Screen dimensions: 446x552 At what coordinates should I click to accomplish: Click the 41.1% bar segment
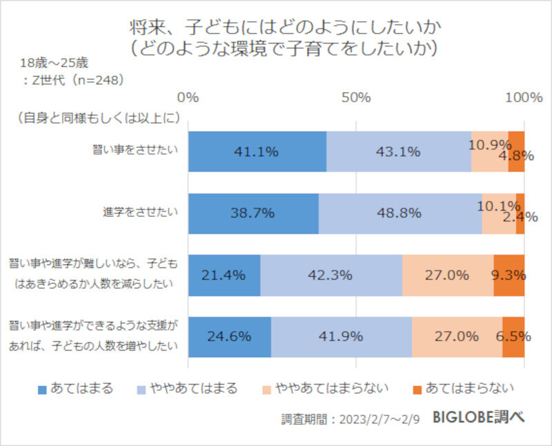coord(257,152)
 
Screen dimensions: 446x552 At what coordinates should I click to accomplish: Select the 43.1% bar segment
coord(398,152)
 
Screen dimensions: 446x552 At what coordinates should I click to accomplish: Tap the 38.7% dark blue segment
coord(253,213)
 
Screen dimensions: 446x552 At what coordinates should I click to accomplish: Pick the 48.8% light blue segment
coord(400,213)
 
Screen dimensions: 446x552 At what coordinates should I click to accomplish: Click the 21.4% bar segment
coord(224,275)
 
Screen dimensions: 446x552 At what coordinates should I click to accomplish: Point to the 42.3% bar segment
coord(331,275)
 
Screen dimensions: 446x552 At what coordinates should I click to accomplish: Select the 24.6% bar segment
coord(229,337)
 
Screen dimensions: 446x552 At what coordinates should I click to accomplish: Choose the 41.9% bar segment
coord(341,337)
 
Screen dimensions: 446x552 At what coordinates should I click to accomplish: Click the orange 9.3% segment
coord(509,275)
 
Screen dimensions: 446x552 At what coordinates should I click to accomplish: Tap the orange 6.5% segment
coord(513,337)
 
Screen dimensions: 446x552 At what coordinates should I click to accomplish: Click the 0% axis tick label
coord(188,97)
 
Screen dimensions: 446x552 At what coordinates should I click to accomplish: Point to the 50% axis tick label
coord(356,97)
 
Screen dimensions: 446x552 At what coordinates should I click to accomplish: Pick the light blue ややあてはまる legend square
coord(144,388)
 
